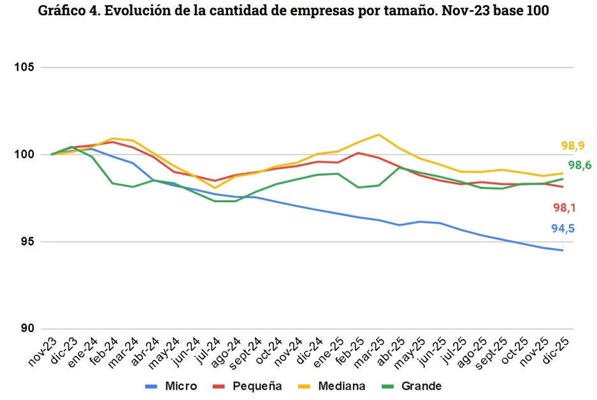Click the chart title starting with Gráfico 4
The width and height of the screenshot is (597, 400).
tap(294, 11)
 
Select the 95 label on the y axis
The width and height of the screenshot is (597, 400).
tap(29, 242)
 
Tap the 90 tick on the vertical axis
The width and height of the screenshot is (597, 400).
tap(29, 329)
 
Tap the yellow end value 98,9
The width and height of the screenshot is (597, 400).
tap(573, 146)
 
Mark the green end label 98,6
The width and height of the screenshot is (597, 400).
tap(579, 165)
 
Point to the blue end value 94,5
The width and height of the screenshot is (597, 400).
tap(562, 229)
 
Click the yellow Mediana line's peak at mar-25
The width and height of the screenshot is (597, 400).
tap(378, 134)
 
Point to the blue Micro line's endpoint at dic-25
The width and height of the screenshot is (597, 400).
tap(563, 250)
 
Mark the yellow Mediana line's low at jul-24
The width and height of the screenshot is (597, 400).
tap(215, 188)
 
